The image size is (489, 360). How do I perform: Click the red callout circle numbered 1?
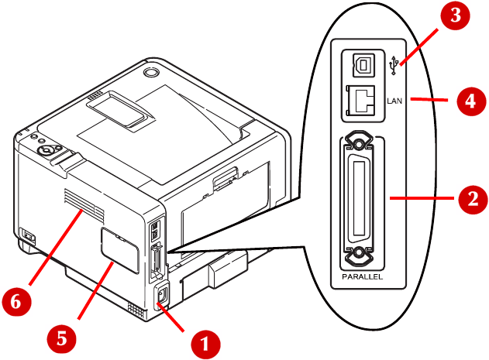coord(205,345)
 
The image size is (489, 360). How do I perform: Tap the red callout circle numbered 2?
coord(473,199)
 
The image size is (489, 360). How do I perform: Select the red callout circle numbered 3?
coord(455,15)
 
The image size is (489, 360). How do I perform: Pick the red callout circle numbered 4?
coord(471,101)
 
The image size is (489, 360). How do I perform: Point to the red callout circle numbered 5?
coord(62,338)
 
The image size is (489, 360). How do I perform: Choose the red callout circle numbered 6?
coord(17,302)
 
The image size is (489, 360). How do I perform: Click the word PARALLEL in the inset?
coord(362,277)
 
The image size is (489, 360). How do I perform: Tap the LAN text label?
coord(394,101)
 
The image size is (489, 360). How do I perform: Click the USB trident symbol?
coord(394,65)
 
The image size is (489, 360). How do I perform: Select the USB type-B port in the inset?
coord(363,65)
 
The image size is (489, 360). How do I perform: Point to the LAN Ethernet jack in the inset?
coord(361,101)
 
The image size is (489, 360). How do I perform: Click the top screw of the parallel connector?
coord(359,143)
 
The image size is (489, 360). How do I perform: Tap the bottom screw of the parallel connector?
coord(359,254)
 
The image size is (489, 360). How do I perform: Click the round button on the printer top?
coord(150,72)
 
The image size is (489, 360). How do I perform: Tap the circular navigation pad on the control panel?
coord(46,150)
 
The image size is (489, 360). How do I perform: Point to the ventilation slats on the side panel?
coord(84,206)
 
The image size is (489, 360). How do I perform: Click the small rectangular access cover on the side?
coord(120,250)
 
